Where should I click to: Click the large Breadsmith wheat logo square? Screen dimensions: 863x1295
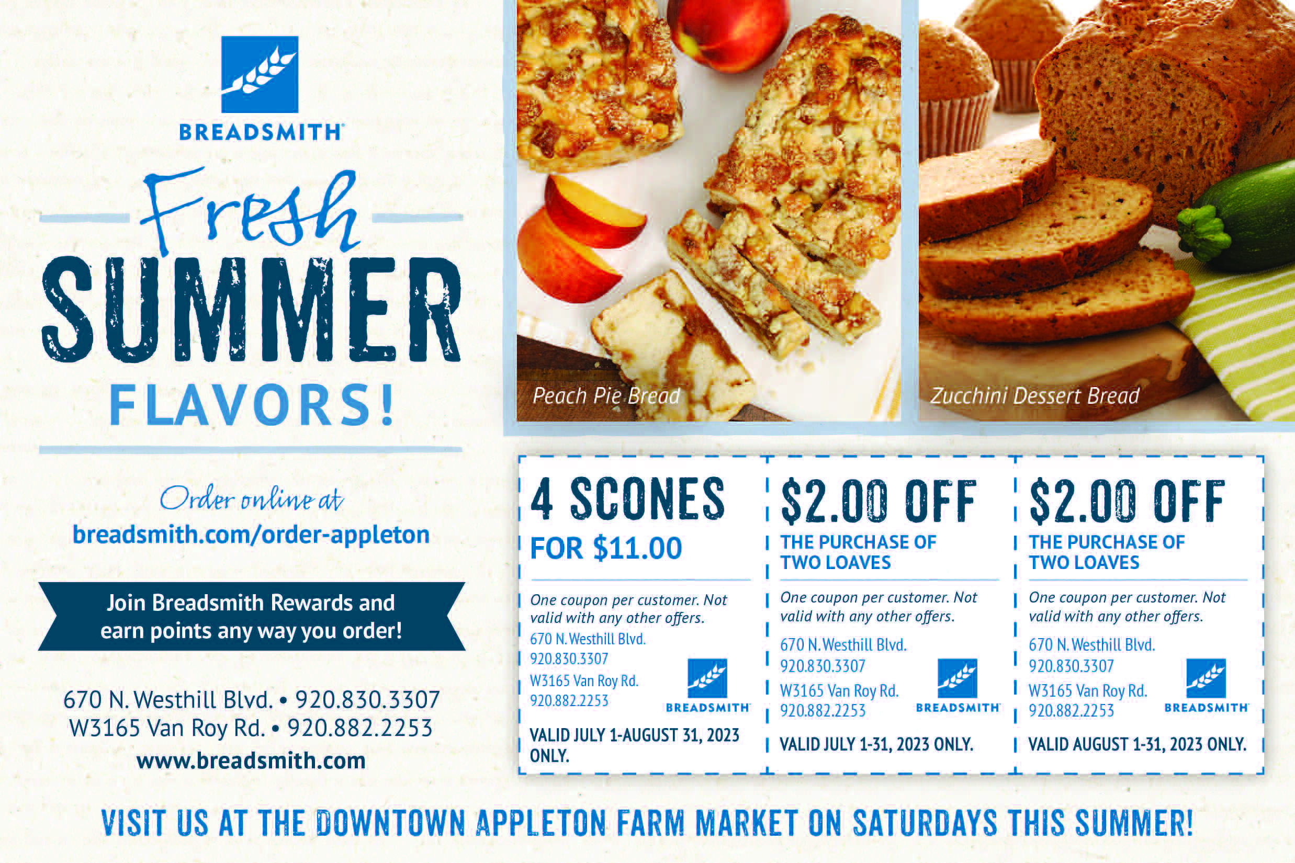pyautogui.click(x=260, y=74)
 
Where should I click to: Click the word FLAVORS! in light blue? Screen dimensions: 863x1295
pyautogui.click(x=252, y=406)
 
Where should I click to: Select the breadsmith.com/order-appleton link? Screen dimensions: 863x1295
pyautogui.click(x=251, y=535)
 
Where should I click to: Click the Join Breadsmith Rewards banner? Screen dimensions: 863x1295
pyautogui.click(x=251, y=617)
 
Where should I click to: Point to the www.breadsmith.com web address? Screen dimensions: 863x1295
pyautogui.click(x=251, y=760)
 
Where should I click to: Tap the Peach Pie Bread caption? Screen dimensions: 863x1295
pyautogui.click(x=606, y=396)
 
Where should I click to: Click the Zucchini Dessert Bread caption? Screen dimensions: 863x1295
pyautogui.click(x=1034, y=396)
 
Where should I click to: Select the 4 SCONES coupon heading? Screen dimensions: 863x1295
pyautogui.click(x=628, y=499)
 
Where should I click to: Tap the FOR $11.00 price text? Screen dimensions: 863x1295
pyautogui.click(x=606, y=548)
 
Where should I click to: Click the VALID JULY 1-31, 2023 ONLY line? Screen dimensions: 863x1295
pyautogui.click(x=876, y=745)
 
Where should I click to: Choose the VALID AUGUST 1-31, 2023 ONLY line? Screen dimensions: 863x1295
pyautogui.click(x=1137, y=745)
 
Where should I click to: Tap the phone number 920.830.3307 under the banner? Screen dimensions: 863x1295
pyautogui.click(x=367, y=699)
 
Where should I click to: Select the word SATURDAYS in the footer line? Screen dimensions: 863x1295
pyautogui.click(x=925, y=824)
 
